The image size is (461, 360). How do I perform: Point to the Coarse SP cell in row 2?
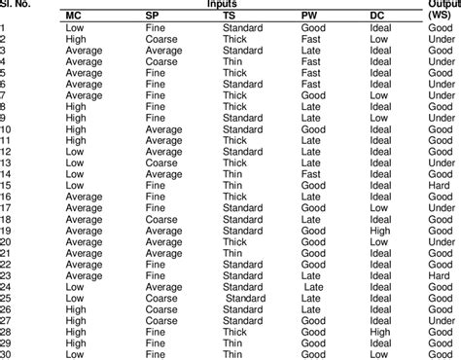click(160, 39)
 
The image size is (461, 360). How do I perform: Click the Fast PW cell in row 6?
click(310, 84)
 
